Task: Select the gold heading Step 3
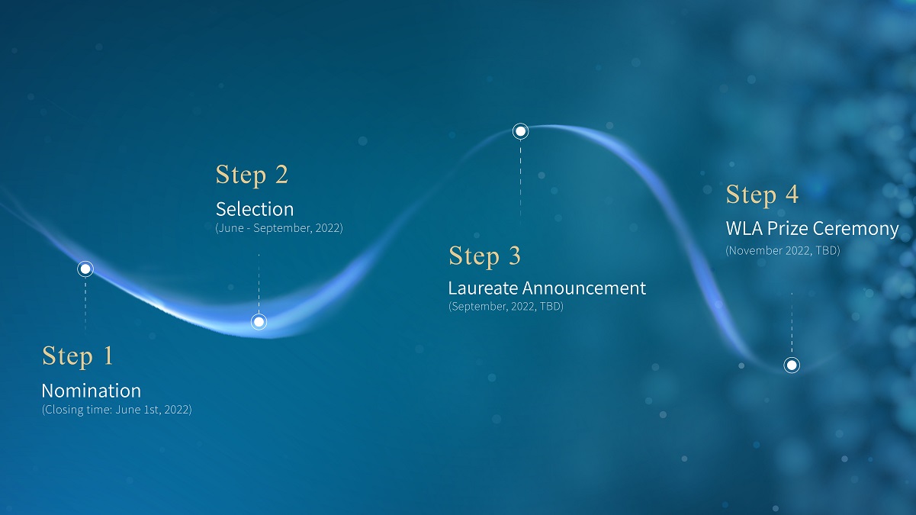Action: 484,257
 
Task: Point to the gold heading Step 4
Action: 762,195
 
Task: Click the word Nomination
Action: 92,391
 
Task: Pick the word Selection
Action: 255,209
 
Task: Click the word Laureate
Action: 484,288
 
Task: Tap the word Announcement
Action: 584,288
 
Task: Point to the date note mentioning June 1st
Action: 117,410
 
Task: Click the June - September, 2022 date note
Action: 279,228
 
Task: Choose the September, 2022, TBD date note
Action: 506,307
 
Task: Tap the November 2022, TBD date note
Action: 783,250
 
